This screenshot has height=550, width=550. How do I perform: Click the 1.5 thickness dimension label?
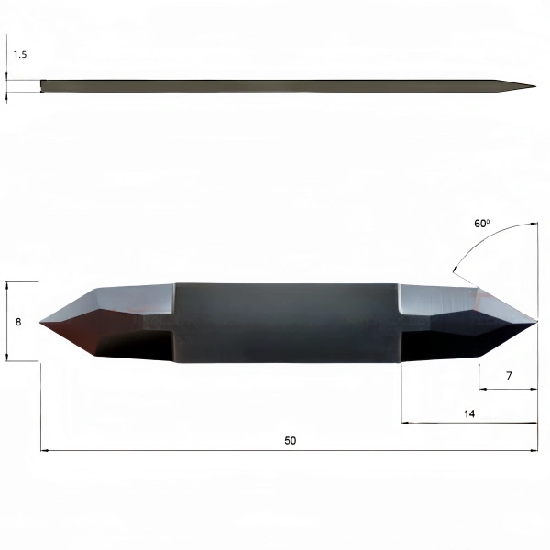pos(20,55)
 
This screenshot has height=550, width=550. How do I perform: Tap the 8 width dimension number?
pos(18,322)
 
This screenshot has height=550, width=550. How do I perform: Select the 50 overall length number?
pos(290,440)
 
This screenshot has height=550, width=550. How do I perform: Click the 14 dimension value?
pos(469,414)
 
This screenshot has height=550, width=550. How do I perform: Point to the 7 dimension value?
pos(509,376)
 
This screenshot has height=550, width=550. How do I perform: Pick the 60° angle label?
pos(481,224)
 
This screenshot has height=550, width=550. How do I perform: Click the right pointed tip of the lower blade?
pos(536,320)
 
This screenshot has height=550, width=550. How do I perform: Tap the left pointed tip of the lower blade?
pos(40,323)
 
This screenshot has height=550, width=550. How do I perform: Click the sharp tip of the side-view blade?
pos(535,86)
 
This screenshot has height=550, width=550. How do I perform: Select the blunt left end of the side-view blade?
pos(41,86)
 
